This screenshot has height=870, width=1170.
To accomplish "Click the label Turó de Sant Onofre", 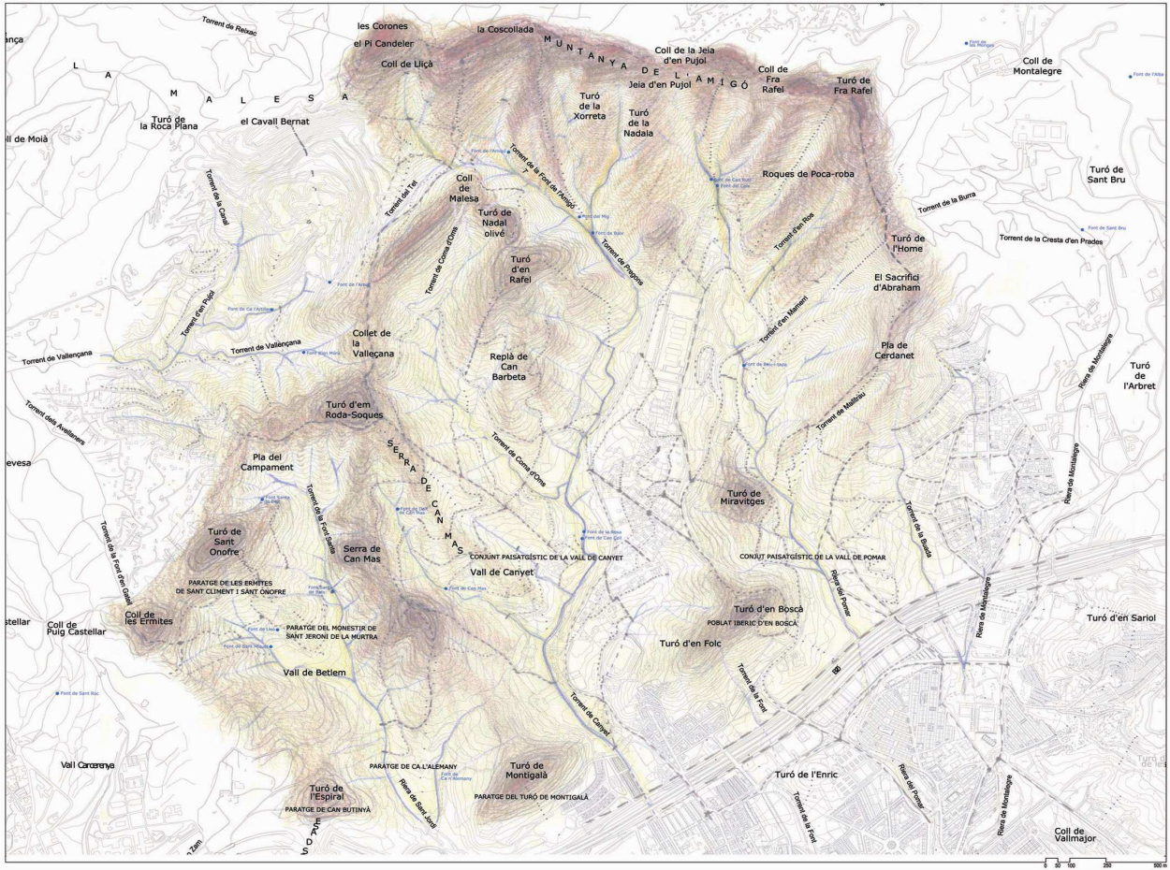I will point(224,542).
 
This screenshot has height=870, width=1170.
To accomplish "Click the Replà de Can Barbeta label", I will point(509,367).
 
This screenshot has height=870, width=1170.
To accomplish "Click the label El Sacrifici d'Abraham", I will point(898,283).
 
